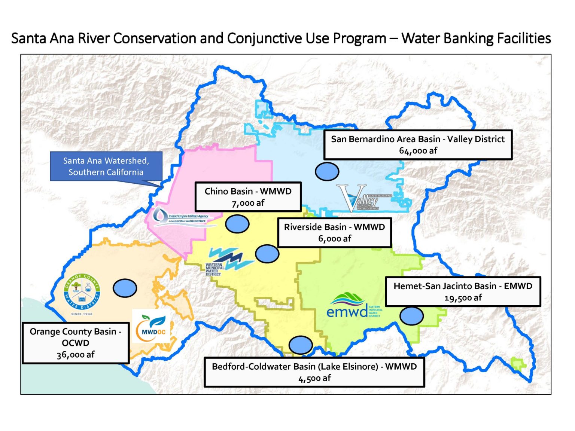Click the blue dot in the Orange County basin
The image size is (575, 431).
coord(125,288)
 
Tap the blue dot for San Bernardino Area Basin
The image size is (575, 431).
coord(327,171)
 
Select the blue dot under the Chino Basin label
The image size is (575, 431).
coord(237,224)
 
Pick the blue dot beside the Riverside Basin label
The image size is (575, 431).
coord(267,254)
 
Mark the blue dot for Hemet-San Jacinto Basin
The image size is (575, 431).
coord(411,316)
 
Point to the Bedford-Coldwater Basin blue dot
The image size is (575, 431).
coord(300,345)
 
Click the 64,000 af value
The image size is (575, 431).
coord(418,151)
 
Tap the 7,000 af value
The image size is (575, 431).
coord(248,203)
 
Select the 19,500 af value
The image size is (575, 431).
coord(463,298)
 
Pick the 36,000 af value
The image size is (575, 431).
coord(76,355)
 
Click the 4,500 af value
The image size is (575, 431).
coord(314,378)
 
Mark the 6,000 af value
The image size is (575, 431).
coord(334,239)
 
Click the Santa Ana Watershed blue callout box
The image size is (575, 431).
coord(106,166)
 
